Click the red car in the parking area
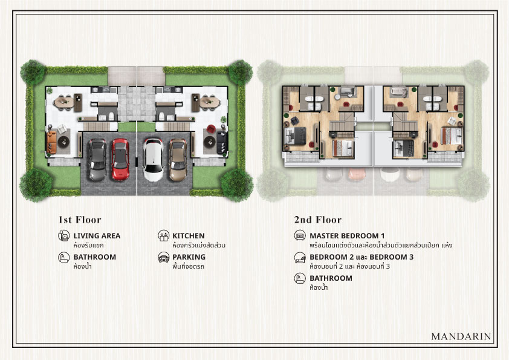tap(120, 159)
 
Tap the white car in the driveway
tap(153, 160)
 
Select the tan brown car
tap(178, 160)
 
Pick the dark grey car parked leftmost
tap(97, 160)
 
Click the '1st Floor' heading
tap(80, 220)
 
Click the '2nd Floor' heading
tap(318, 220)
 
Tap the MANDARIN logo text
tap(461, 336)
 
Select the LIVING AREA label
tap(97, 236)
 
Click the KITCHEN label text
tap(188, 236)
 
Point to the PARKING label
tap(189, 257)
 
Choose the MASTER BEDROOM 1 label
tap(347, 236)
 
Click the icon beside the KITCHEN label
tap(164, 235)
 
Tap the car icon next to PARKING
tap(164, 257)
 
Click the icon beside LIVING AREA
tap(64, 235)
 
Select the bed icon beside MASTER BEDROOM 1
tap(300, 235)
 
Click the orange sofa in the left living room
tap(51, 142)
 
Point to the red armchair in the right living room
tap(210, 129)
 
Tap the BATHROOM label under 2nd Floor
tap(331, 278)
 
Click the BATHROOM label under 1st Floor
tap(94, 257)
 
